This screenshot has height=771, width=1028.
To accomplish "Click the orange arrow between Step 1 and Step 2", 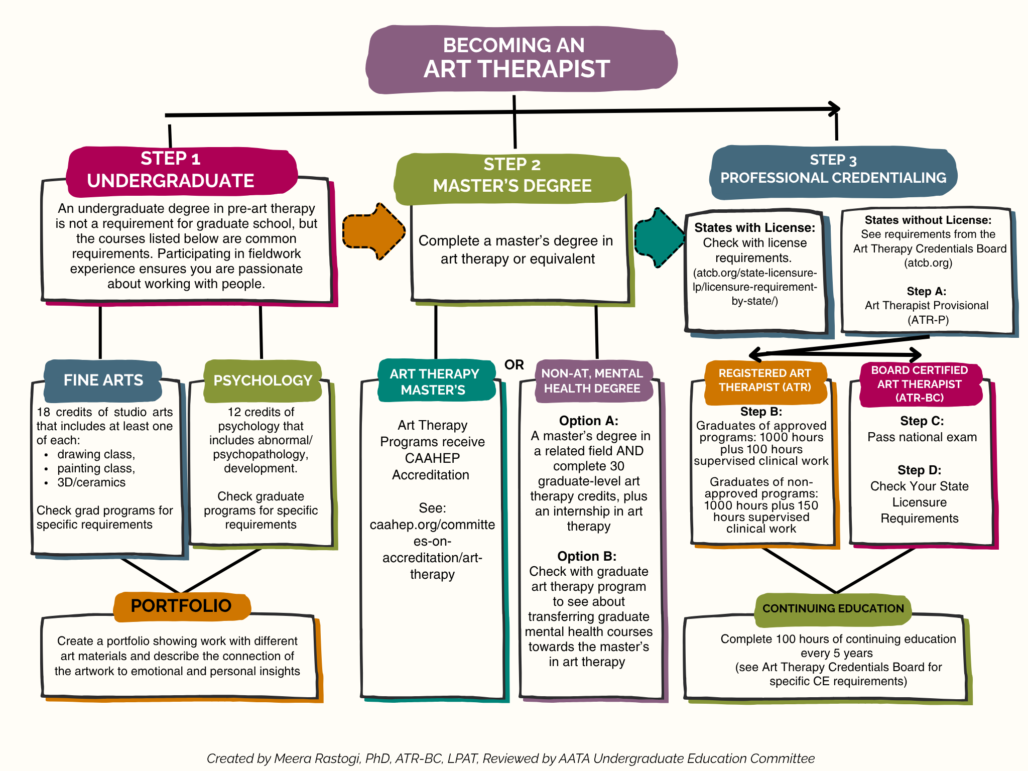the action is coord(374,231).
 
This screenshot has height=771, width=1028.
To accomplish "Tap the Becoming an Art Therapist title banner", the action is coord(521,59).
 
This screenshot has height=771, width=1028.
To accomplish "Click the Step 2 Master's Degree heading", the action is coord(512,178).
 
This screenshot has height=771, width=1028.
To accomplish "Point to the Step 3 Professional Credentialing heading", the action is coord(833,172).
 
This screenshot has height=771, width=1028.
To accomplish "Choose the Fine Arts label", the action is coord(103,380).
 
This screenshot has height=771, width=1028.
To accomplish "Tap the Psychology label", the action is coord(263,380).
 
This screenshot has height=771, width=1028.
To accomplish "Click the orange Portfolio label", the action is coord(182,606).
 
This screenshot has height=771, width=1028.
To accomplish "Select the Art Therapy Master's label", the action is coord(435,381).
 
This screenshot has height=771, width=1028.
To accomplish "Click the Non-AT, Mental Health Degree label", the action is coord(593,381).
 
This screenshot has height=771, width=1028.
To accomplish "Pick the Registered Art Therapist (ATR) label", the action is coord(765,380).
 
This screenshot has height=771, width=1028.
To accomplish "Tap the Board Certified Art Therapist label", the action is coord(920,384).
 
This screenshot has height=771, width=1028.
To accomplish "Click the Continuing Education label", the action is coord(833,608).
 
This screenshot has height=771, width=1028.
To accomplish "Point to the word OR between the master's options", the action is coord(514,365).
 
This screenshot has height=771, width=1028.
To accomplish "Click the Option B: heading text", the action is coord(587,556).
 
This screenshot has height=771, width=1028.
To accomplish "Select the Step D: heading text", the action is coord(920,470).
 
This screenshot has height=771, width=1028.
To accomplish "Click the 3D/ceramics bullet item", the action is coord(91,482).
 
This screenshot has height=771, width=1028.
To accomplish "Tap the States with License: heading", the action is coord(755,228).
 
